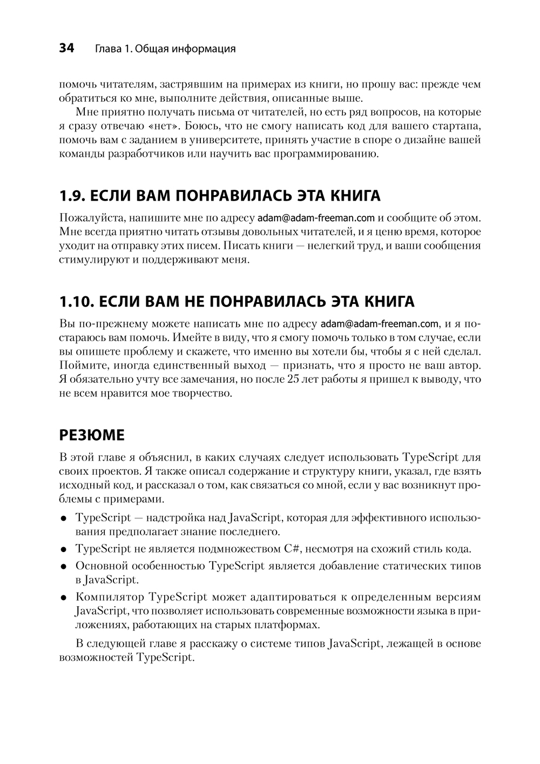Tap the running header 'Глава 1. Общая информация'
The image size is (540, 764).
[165, 49]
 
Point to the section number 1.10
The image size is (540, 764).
[75, 301]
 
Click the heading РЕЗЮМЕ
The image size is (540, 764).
[91, 435]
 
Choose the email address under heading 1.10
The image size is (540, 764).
[379, 324]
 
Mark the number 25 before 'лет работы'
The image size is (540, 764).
[294, 380]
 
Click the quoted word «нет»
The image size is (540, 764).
[157, 127]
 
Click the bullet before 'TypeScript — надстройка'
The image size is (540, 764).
[64, 519]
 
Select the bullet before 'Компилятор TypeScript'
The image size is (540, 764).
[64, 598]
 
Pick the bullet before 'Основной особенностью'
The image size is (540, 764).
[64, 567]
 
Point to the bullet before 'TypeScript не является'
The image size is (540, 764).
[64, 550]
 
